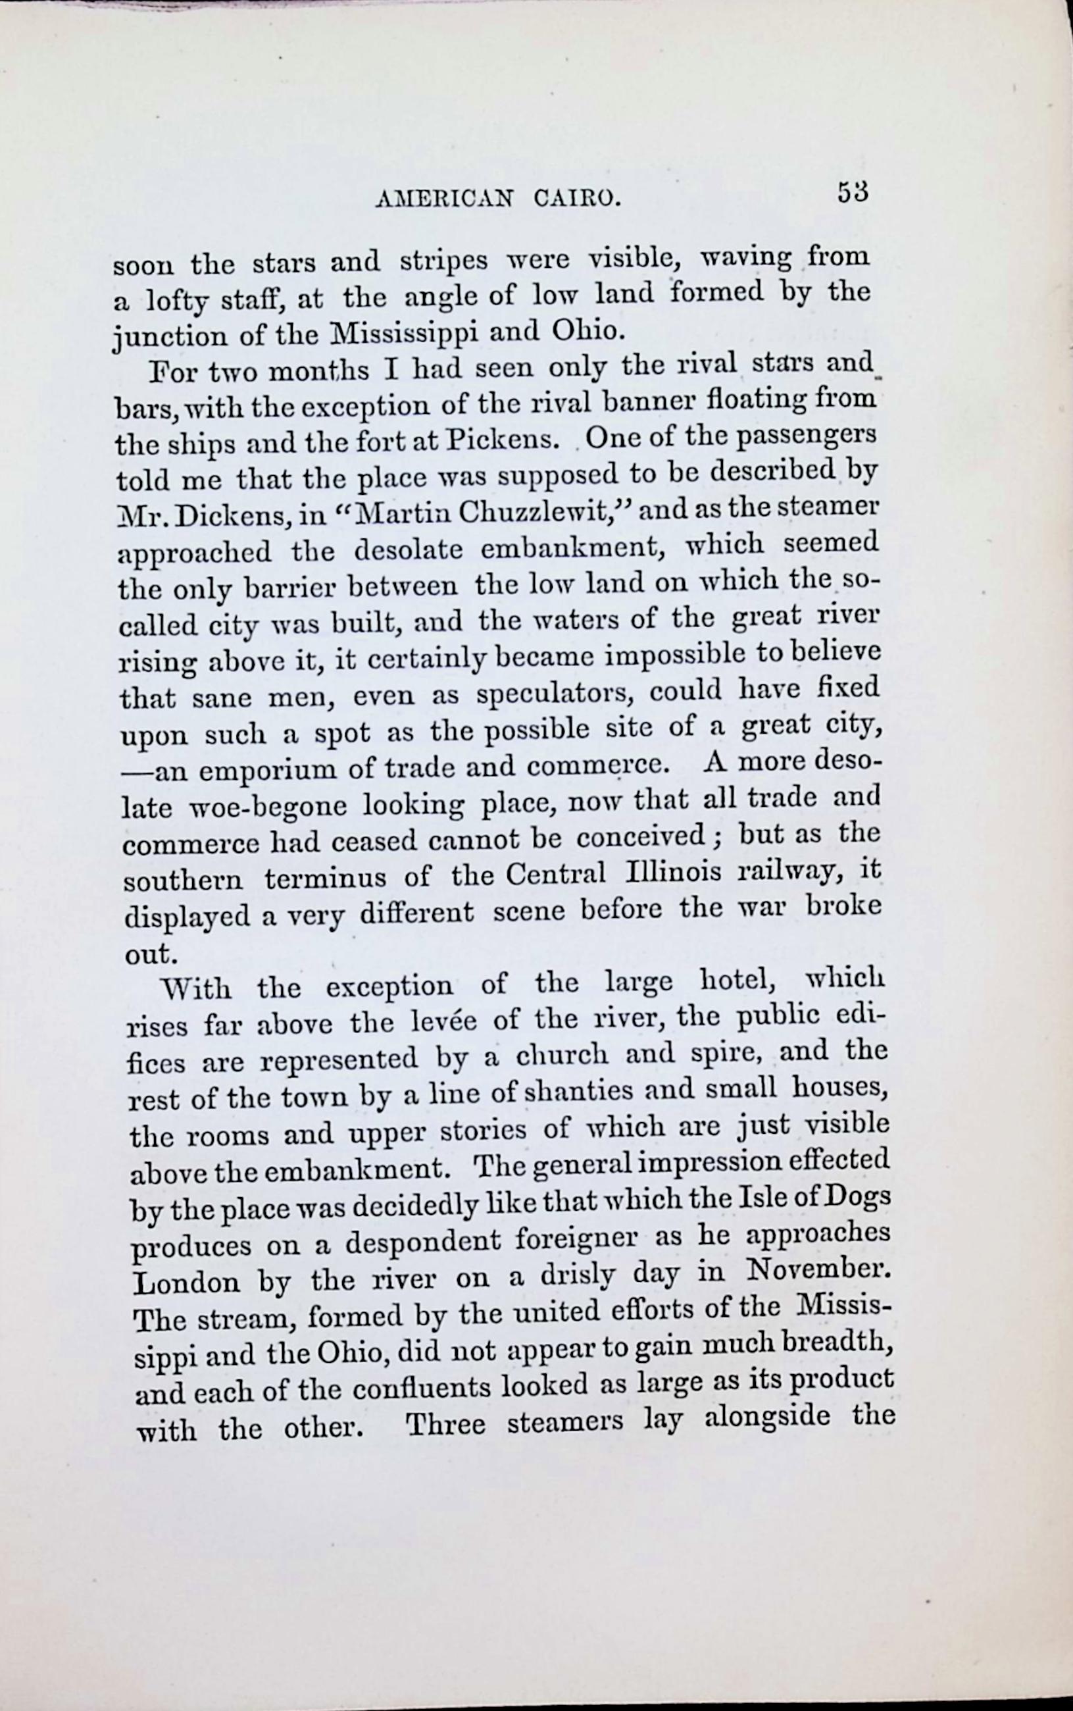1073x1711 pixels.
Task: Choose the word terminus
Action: pos(326,879)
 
